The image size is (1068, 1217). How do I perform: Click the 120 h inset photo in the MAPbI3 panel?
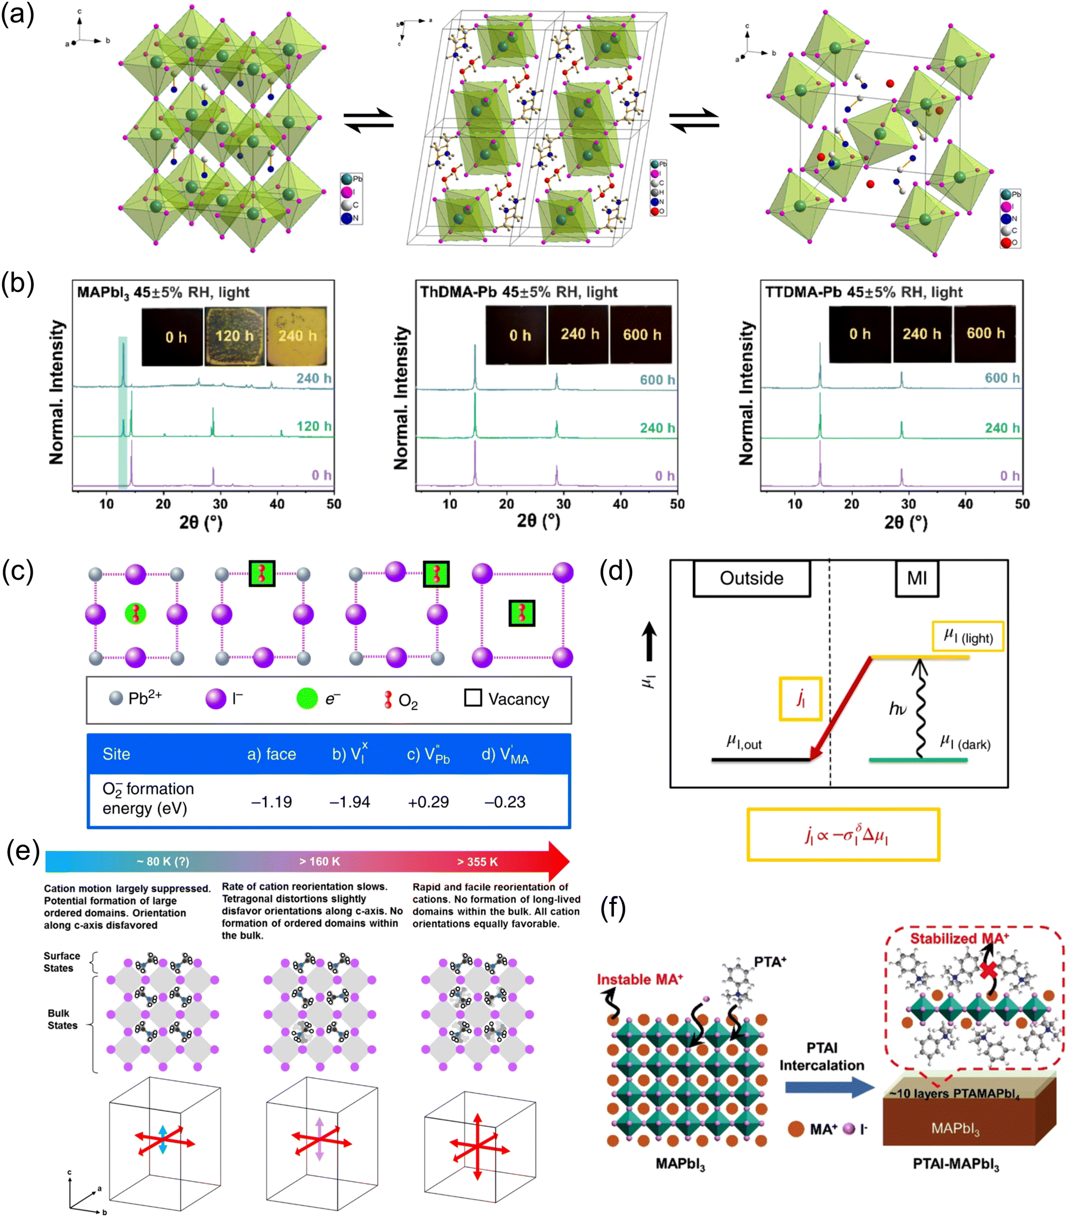tap(234, 336)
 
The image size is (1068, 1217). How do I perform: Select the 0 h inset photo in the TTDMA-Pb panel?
tap(860, 334)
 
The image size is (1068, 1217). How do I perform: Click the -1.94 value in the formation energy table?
tap(349, 802)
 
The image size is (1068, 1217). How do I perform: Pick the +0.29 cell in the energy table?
tap(428, 802)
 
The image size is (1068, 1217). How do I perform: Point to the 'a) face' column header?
tap(272, 754)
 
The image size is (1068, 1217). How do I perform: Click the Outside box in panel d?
tap(751, 578)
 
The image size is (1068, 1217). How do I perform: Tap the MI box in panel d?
tap(917, 578)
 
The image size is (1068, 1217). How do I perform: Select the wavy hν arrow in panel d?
tap(920, 709)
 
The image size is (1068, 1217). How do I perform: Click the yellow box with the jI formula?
tap(843, 835)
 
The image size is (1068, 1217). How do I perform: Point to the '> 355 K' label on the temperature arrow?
tap(477, 862)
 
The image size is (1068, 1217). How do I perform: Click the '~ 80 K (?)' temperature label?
tap(163, 862)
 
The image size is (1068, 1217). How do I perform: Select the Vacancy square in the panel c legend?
tap(473, 698)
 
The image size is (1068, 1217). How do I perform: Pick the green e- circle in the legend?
tap(307, 698)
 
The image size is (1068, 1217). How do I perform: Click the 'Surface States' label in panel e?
tap(61, 961)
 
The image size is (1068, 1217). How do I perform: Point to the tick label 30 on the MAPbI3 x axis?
tap(220, 504)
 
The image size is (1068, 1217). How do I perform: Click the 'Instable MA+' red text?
tap(639, 979)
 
